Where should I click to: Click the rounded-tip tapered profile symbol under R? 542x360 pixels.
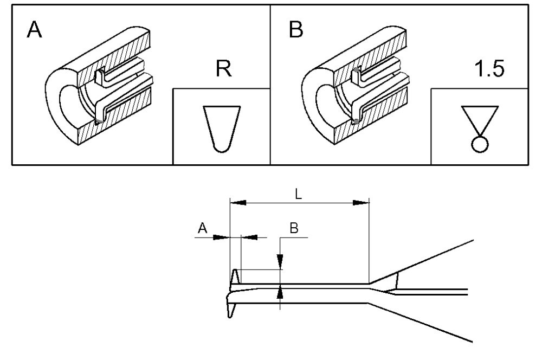coord(221,128)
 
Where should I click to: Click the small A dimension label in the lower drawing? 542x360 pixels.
coord(202,229)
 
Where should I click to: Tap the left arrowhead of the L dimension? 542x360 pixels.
coord(238,203)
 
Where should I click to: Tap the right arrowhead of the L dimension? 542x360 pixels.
coord(361,203)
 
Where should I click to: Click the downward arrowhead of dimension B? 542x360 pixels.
coord(280,263)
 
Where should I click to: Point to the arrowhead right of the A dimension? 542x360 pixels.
coord(249,237)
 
